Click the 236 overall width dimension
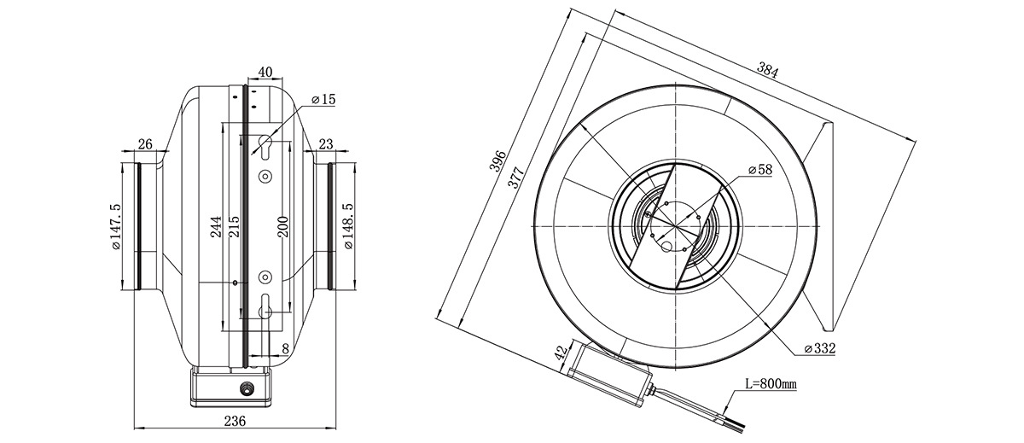236,421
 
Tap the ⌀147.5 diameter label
116,227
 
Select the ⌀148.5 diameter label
349,227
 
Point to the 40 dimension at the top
265,73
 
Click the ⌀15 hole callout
323,99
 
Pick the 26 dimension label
145,144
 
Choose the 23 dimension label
326,144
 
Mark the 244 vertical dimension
216,227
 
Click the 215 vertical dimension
233,227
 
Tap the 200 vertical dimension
283,227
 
